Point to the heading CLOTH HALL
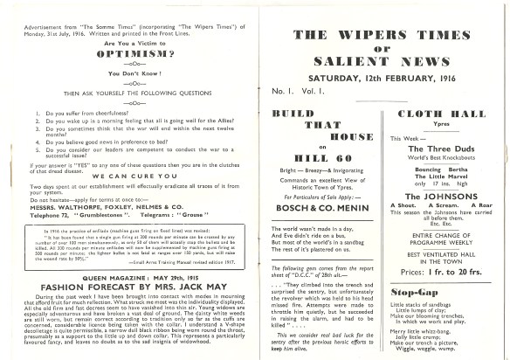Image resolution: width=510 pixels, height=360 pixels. (441, 116)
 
